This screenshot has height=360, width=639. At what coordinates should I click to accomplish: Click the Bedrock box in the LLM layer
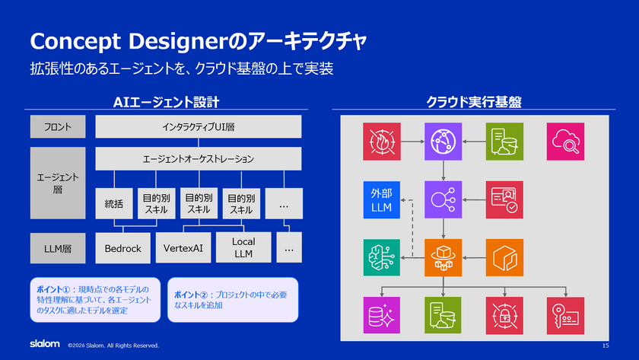122,248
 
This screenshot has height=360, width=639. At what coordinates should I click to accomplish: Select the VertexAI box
183,248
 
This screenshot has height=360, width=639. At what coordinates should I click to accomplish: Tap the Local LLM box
243,247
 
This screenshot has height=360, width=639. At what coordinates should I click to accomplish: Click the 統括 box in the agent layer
113,203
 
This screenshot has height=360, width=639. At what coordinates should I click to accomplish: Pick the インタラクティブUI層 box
199,126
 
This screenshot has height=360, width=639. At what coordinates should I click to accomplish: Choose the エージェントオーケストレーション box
199,158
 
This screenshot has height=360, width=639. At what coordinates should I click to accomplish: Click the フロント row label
58,126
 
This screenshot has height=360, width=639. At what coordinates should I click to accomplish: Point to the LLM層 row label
58,248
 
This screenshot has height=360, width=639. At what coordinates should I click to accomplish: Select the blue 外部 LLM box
381,199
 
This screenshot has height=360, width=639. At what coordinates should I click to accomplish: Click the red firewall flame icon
382,142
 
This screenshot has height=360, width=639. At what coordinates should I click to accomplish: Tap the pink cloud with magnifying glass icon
565,142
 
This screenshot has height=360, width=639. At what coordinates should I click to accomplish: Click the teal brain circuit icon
381,258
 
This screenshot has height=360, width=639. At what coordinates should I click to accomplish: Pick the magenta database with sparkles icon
381,315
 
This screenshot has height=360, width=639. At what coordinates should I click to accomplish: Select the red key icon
565,316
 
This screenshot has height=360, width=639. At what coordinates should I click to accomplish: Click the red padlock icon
504,316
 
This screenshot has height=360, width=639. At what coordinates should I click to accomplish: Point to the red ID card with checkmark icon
504,199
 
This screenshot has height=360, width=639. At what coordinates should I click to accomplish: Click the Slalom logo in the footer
45,344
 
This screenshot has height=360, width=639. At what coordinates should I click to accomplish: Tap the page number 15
606,346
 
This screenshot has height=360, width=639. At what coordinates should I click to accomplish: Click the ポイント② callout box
233,300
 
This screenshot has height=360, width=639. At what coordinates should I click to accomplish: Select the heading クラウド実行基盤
474,102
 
